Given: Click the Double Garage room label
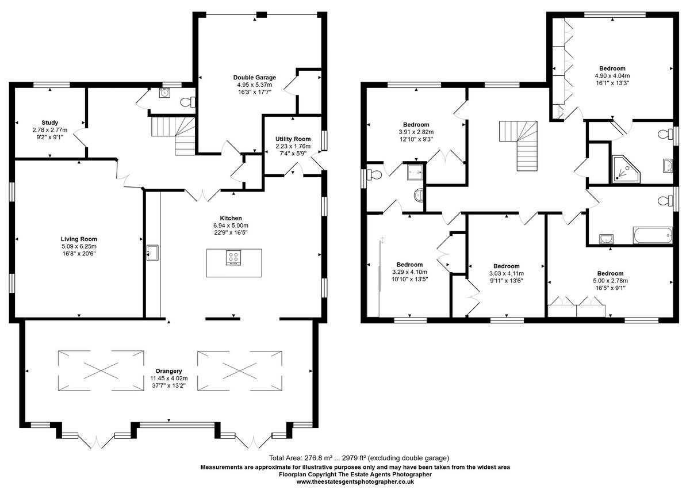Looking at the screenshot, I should click(254, 78).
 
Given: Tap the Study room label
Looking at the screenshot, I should click(50, 123).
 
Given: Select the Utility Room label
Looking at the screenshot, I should click(294, 139).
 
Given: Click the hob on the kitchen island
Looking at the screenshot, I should click(233, 259).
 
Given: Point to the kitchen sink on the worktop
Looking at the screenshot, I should click(153, 251).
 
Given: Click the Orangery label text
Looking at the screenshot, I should click(169, 370).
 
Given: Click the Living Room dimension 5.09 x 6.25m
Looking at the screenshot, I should click(79, 246).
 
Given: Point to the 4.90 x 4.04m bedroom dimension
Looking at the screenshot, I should click(612, 76).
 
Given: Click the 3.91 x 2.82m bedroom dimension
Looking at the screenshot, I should click(416, 132).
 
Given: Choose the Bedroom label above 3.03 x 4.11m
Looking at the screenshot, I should click(506, 266).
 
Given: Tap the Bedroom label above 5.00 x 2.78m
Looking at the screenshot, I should click(610, 273).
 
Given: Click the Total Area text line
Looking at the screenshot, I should click(354, 458).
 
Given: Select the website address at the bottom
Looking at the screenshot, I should click(355, 482).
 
